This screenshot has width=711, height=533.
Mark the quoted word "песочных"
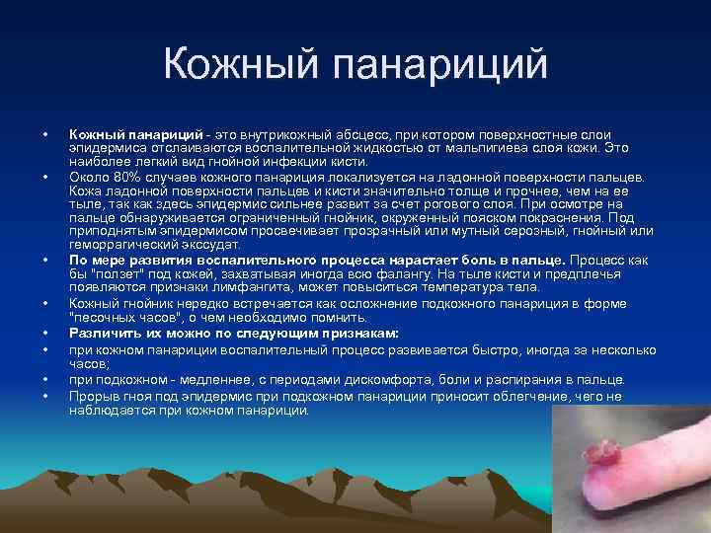tap(106, 318)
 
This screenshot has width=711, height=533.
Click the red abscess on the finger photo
tap(599, 454)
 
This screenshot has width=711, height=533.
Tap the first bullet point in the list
tap(45, 133)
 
